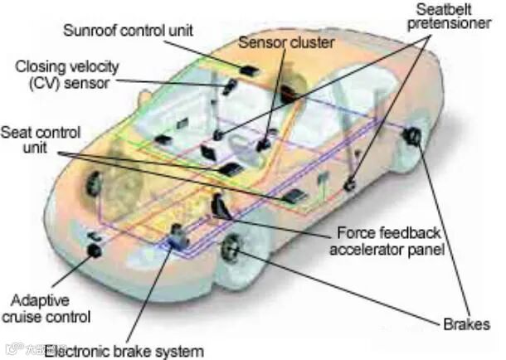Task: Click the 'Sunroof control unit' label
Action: pyautogui.click(x=129, y=31)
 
